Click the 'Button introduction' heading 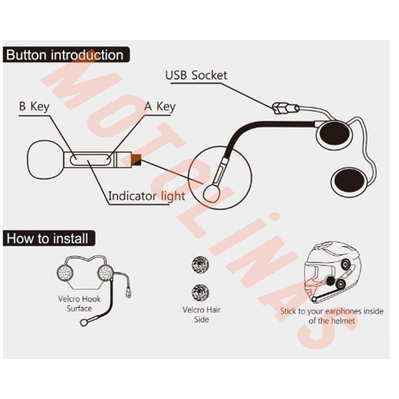[x=65, y=55]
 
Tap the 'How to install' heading [x=47, y=239]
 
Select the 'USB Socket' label [x=196, y=75]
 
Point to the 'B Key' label [x=34, y=107]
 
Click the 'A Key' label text [x=159, y=107]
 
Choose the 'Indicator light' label [x=146, y=196]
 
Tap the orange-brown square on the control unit [x=136, y=160]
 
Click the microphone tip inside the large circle [x=211, y=192]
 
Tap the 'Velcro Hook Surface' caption [x=79, y=303]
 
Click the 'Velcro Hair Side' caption [x=201, y=314]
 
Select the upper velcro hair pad [x=200, y=265]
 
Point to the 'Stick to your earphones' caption [x=331, y=316]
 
